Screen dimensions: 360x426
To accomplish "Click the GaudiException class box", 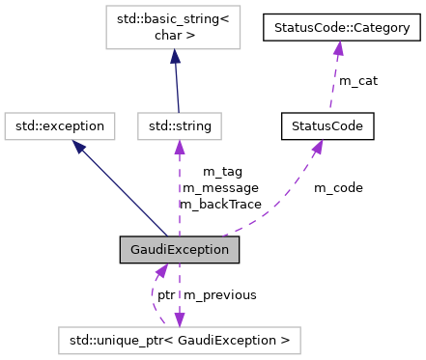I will [x=179, y=249].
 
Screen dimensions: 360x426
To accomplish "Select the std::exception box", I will [x=60, y=125].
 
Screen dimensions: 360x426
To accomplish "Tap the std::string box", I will [x=180, y=125].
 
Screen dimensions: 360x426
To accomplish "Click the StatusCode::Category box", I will [x=342, y=28].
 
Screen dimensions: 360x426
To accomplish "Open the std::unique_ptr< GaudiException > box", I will [x=179, y=340].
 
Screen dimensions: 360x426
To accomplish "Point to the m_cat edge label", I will [x=357, y=81].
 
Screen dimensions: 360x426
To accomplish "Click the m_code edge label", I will [x=338, y=187].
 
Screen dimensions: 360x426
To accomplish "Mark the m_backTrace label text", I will [x=221, y=204].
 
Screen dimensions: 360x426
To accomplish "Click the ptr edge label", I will [x=166, y=294].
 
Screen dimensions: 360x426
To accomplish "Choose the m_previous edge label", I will [x=220, y=294].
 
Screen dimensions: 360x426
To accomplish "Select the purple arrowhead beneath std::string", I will [x=180, y=145].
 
